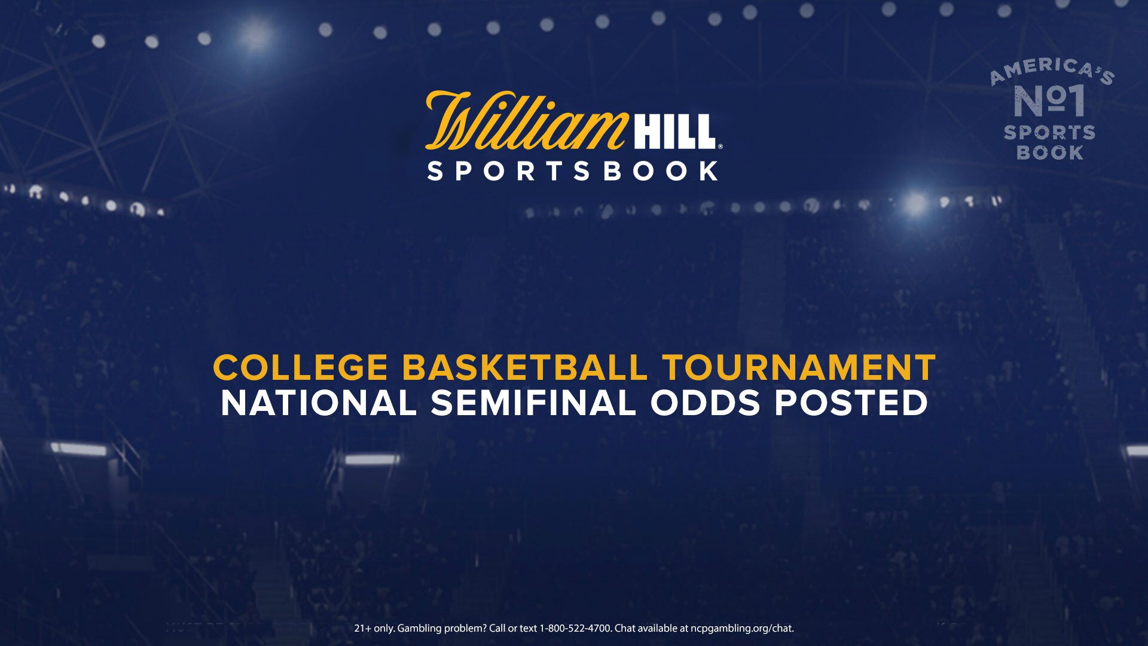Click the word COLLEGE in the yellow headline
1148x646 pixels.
click(x=301, y=367)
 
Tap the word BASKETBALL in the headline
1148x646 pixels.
click(x=525, y=367)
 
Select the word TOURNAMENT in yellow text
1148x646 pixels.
click(x=799, y=367)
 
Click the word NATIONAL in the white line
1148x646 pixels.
click(x=319, y=403)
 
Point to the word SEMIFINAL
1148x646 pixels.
click(x=533, y=403)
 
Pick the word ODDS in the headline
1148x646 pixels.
click(x=705, y=403)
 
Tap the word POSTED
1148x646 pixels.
click(x=851, y=403)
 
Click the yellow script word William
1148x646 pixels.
click(x=526, y=121)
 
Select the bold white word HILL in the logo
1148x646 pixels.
click(x=675, y=132)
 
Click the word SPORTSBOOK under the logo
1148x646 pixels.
click(x=573, y=171)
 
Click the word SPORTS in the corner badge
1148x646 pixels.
click(x=1049, y=133)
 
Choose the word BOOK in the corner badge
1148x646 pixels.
click(x=1050, y=153)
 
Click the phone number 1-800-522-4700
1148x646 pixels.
click(x=576, y=628)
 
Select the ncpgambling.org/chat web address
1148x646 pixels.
click(x=742, y=629)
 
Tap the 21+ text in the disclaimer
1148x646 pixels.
click(x=363, y=628)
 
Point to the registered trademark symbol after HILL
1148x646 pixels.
click(x=720, y=146)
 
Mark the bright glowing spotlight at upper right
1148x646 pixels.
click(x=915, y=204)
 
